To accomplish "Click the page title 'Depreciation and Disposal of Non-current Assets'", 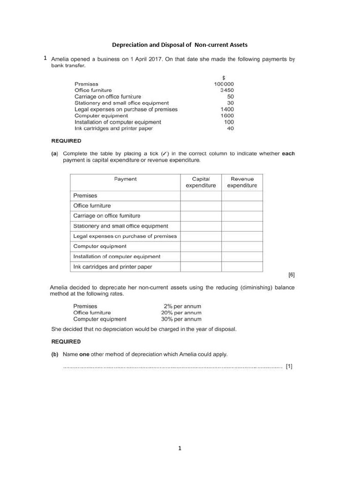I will click(x=180, y=45).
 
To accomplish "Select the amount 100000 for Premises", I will click(x=224, y=84).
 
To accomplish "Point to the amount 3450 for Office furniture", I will click(x=227, y=90).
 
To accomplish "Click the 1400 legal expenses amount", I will click(x=227, y=109).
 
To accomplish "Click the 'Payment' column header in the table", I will click(x=126, y=179).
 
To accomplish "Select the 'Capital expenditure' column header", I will click(x=201, y=182).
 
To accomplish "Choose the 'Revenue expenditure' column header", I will click(x=242, y=182).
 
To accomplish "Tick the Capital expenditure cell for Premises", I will click(x=201, y=195).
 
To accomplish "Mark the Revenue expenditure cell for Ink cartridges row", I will click(x=242, y=267).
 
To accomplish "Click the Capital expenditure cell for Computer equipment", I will click(x=201, y=246).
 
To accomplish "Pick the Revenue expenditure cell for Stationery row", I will click(x=242, y=226).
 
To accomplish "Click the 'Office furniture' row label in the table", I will click(x=92, y=206).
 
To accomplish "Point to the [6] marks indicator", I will click(x=291, y=275).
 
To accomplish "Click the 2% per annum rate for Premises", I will click(x=182, y=307).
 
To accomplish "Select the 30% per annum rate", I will click(x=181, y=319).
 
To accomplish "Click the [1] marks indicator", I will click(x=289, y=367).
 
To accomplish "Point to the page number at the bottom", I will click(x=180, y=449).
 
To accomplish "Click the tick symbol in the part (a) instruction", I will click(x=164, y=154).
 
